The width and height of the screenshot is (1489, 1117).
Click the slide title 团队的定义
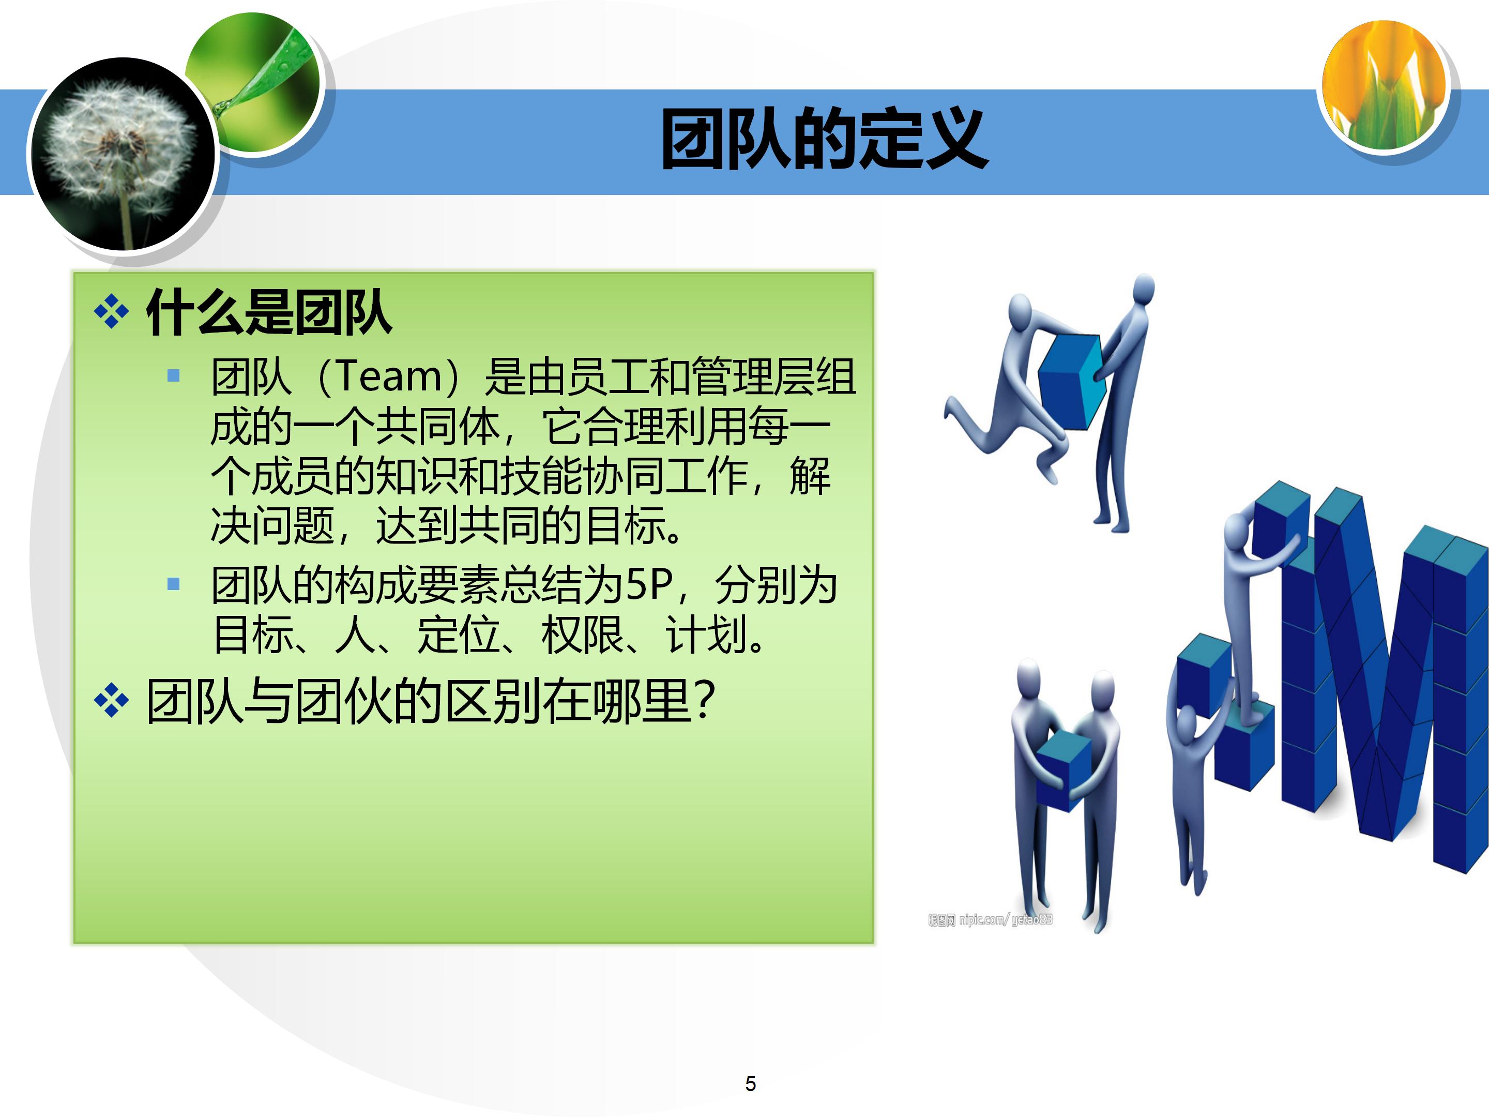tap(824, 140)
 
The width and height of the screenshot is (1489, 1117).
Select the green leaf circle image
tap(256, 81)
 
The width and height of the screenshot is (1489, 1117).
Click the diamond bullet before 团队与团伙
tap(111, 701)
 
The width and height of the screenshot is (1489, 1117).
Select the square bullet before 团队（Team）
tap(174, 376)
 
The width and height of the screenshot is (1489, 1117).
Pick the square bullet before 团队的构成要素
tap(174, 584)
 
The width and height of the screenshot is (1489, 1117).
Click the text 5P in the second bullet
tap(649, 584)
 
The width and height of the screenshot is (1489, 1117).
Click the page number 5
tap(751, 1084)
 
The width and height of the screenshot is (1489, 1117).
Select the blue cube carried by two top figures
tap(1072, 381)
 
